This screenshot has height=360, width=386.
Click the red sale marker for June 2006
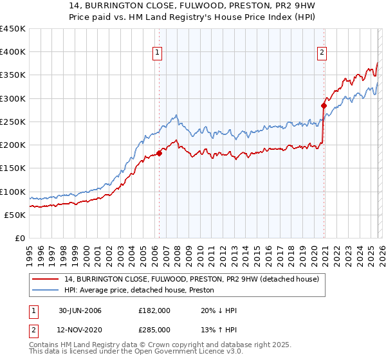tap(159, 153)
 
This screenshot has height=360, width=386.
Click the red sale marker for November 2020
tap(324, 105)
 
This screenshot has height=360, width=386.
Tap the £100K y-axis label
tap(13, 192)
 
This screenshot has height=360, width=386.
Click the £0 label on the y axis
tap(21, 238)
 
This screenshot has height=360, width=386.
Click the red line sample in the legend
tap(46, 279)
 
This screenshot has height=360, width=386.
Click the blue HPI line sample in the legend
tap(46, 291)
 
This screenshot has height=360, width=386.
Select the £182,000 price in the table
tap(154, 310)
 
